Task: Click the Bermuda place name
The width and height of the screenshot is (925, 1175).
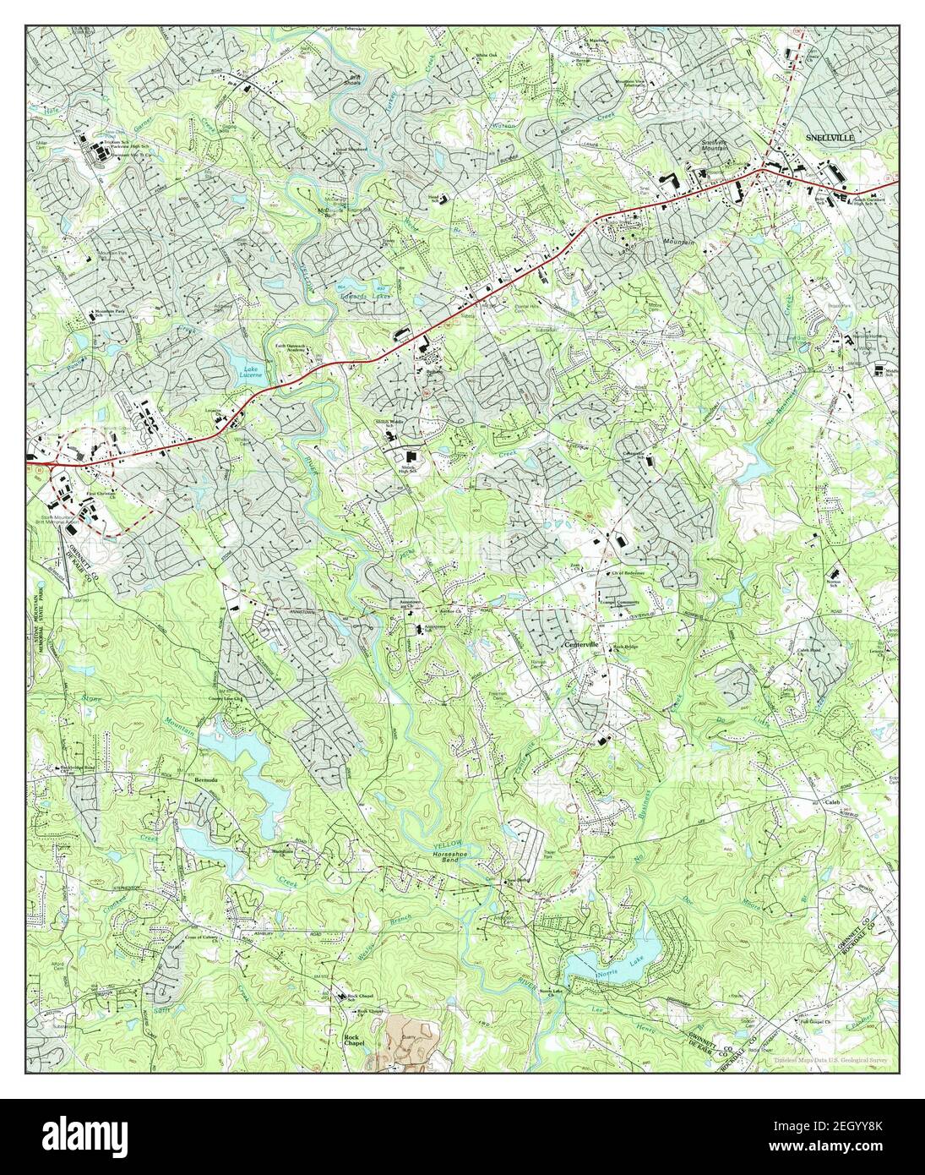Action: (206, 779)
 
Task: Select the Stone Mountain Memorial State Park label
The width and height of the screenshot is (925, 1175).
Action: (37, 617)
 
